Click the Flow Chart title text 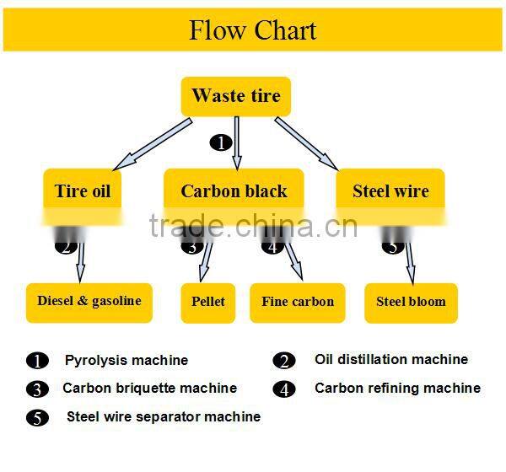[x=252, y=30]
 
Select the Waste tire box [x=236, y=96]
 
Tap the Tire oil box [x=83, y=191]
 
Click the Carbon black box [x=234, y=191]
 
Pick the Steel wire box [x=390, y=191]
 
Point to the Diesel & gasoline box [x=89, y=302]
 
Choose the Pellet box [x=208, y=302]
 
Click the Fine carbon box [x=298, y=302]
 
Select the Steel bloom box [x=411, y=302]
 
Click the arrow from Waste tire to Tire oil [x=160, y=142]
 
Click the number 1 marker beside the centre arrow [x=220, y=142]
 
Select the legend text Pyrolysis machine [x=126, y=360]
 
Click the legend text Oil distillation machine [x=390, y=359]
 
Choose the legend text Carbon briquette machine [x=149, y=389]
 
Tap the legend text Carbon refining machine [x=397, y=389]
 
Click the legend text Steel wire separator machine [x=164, y=416]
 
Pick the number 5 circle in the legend [x=37, y=417]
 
